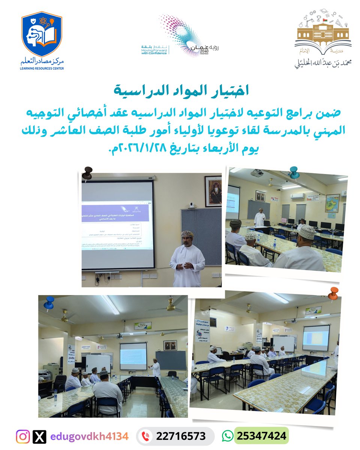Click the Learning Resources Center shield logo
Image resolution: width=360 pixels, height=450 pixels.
41,34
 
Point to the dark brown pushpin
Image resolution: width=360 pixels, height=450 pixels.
87,173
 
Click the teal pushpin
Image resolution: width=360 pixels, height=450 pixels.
294,172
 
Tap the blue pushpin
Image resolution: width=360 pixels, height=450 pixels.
49,302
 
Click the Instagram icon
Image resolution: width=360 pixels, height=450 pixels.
23,436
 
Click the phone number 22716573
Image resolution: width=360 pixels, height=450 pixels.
181,436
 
